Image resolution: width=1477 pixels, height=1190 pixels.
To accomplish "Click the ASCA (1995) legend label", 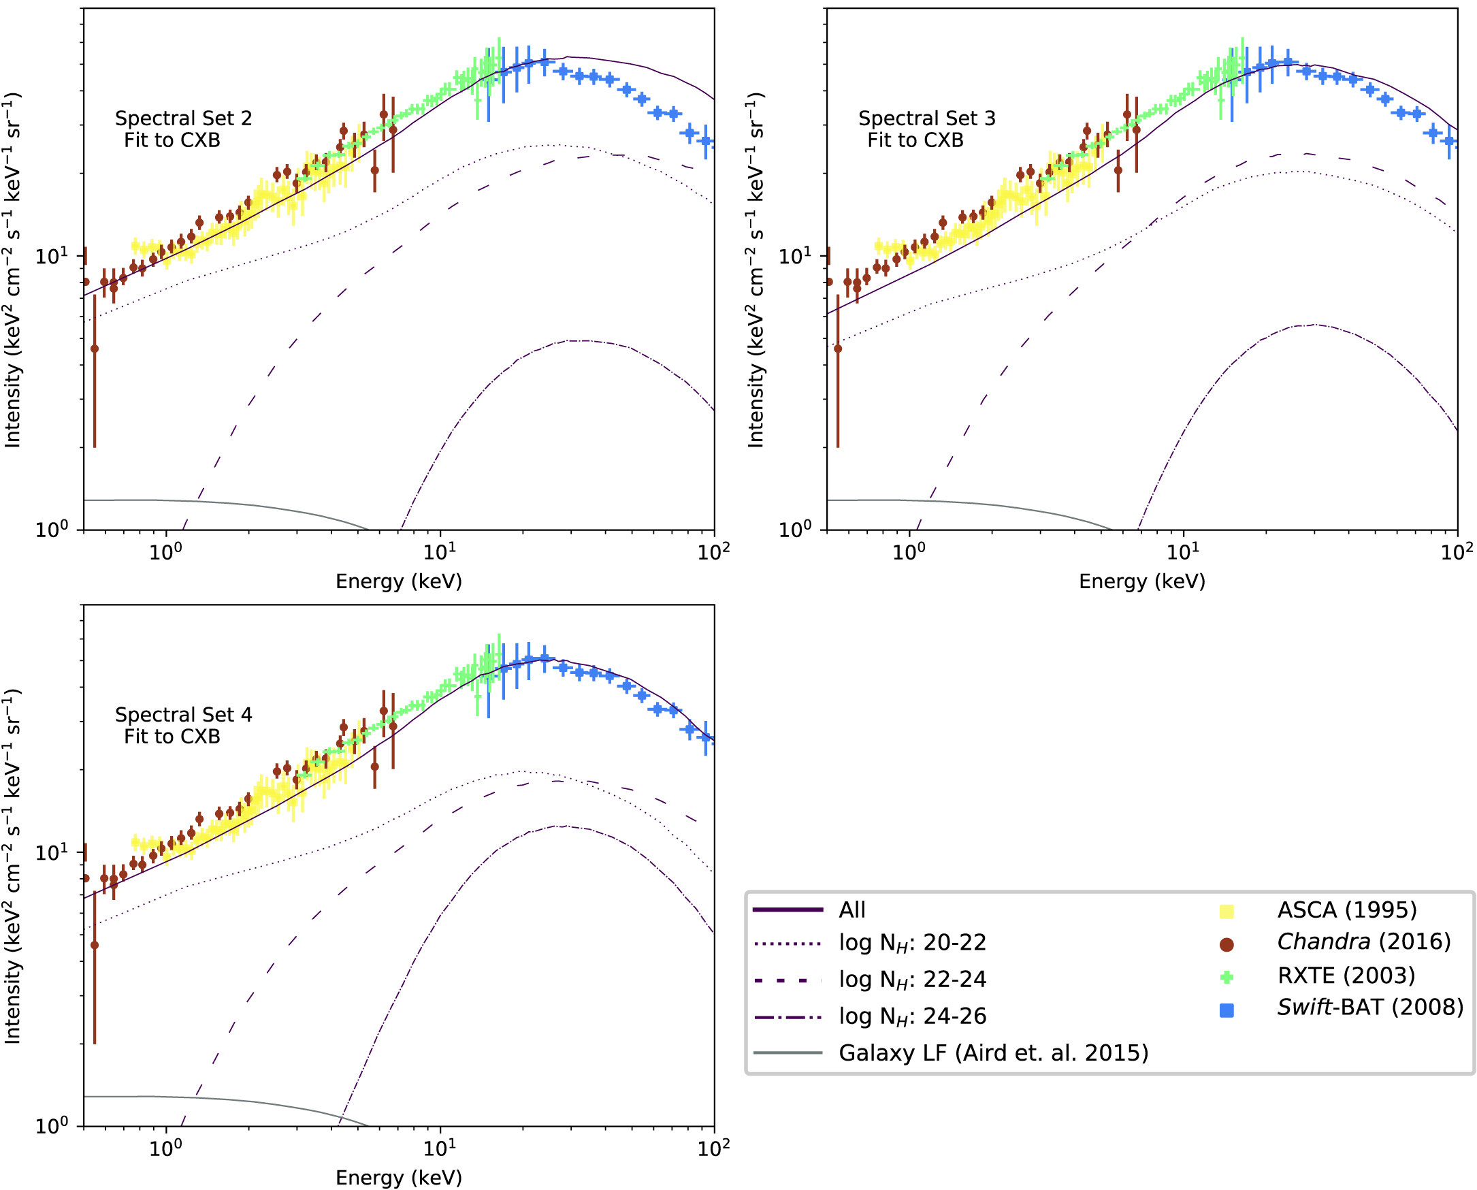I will [1346, 910].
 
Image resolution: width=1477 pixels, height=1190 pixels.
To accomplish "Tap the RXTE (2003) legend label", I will [1346, 976].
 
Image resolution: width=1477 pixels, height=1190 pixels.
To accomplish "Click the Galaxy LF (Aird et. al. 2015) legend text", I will [993, 1053].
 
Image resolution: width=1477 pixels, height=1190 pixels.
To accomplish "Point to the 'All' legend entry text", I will [852, 910].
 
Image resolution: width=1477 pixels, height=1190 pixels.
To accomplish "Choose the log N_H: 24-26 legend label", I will [912, 1016].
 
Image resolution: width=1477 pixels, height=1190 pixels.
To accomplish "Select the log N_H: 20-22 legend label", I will [912, 943].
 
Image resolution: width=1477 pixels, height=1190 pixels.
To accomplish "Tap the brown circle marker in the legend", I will [1227, 946].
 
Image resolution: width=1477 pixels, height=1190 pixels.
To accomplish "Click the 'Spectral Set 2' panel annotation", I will [183, 118].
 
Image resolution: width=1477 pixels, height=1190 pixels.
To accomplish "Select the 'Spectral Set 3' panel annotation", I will [926, 118].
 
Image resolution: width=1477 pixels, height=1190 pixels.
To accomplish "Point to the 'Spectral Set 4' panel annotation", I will [183, 715].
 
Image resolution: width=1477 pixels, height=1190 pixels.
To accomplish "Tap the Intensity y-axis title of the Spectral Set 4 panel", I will [12, 867].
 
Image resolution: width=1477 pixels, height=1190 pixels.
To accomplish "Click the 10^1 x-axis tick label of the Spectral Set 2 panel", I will [439, 551].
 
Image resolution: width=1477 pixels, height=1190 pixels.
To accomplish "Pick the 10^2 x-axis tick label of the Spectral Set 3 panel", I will [1457, 551].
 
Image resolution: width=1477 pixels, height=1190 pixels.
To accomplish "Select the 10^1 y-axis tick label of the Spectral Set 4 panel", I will [52, 852].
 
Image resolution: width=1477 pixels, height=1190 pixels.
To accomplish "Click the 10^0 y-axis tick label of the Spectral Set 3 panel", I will [795, 530].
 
